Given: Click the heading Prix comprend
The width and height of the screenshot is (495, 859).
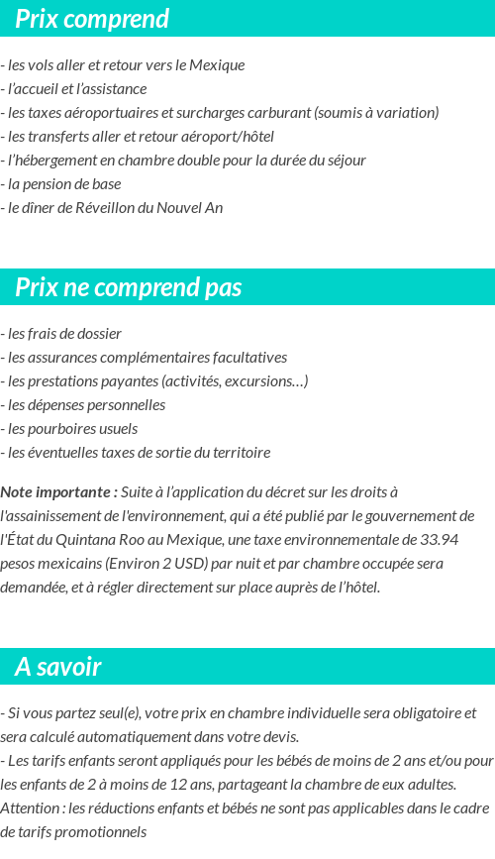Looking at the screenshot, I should (92, 19).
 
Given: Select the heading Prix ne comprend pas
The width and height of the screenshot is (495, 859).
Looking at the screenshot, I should (129, 287).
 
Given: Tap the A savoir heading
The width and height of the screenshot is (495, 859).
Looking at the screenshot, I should (58, 667).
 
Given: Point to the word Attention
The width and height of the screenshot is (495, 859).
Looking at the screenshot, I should (30, 807).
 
